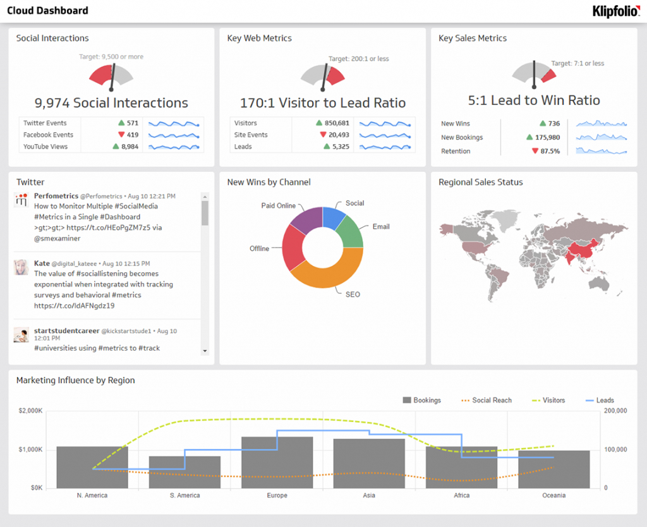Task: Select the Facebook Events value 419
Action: click(132, 135)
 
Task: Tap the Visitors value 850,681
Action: click(337, 123)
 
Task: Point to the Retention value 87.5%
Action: click(549, 151)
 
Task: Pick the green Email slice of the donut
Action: click(350, 231)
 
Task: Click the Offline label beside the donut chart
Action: click(259, 248)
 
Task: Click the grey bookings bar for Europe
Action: click(277, 462)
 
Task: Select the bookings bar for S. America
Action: click(184, 471)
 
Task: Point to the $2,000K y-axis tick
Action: click(30, 411)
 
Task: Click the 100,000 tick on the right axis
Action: click(615, 449)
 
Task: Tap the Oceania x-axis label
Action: click(553, 495)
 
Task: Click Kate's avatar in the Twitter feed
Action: click(21, 267)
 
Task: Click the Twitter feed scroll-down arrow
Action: click(205, 351)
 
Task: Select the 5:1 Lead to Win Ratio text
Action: click(534, 100)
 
